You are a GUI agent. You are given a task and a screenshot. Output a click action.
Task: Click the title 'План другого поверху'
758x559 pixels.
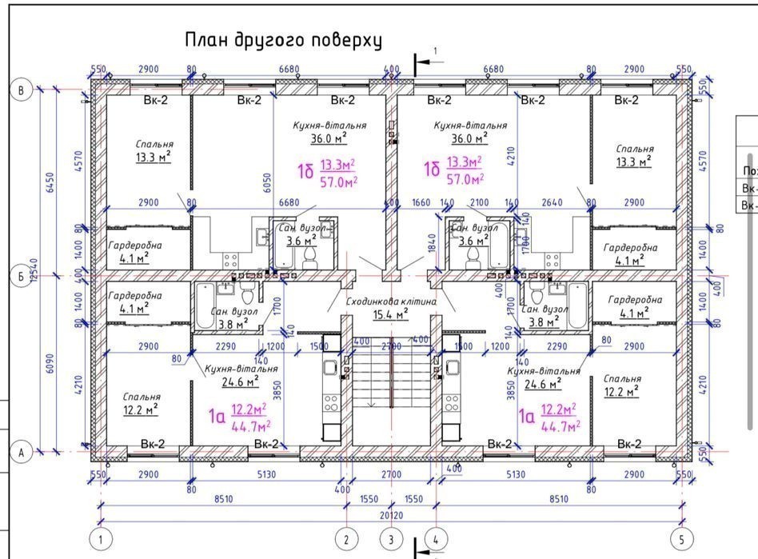(x=284, y=40)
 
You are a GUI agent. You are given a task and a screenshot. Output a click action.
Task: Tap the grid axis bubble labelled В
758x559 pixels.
(x=22, y=90)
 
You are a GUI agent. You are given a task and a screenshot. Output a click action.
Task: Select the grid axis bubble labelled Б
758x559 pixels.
(x=22, y=278)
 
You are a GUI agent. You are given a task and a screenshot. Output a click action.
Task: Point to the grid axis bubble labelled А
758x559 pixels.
(x=22, y=453)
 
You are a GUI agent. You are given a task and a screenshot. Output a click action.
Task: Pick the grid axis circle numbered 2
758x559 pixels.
(x=346, y=539)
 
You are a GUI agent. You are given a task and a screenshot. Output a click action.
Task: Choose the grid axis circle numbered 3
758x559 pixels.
(x=391, y=539)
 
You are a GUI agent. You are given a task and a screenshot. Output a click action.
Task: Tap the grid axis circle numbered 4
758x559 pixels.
(x=436, y=539)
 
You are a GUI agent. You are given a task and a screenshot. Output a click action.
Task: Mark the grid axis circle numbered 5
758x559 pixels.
(x=682, y=539)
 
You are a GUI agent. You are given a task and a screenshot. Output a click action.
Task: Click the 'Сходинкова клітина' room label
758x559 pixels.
(x=391, y=301)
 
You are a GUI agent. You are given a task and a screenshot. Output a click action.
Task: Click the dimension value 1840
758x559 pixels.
(x=433, y=250)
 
